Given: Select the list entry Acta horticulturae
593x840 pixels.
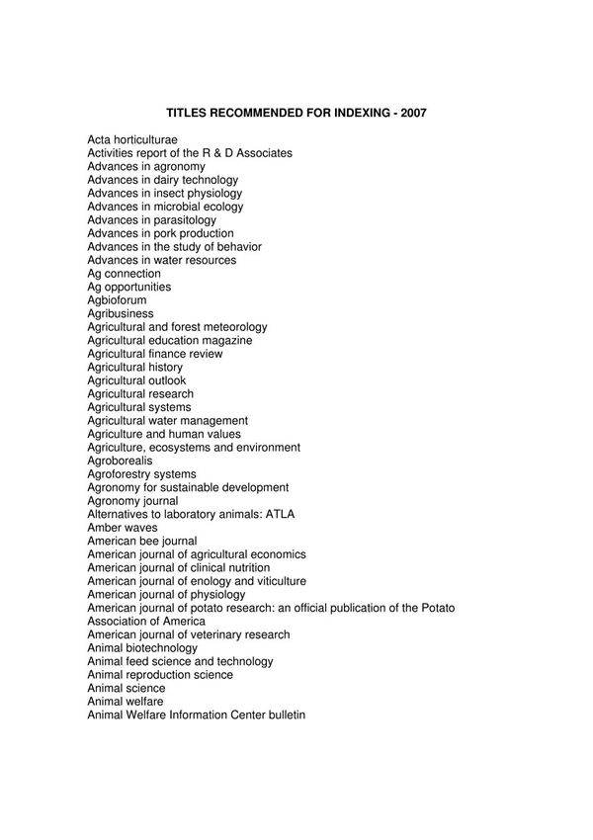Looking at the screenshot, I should tap(132, 140).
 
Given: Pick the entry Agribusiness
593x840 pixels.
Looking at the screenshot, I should tap(120, 314).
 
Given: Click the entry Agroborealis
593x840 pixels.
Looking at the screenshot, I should tap(120, 462).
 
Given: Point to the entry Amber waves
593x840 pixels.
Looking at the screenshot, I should tap(122, 529).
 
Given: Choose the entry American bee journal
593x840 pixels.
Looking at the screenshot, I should tap(141, 542).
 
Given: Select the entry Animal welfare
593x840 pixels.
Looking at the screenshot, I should tap(125, 702).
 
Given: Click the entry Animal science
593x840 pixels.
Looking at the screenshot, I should tap(126, 689).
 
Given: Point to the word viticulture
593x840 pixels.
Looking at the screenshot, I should tap(279, 582).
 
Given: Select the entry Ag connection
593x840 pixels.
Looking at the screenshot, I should tap(124, 274).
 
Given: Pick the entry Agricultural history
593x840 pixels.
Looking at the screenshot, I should tap(134, 368).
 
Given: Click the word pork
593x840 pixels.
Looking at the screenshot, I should tap(165, 234).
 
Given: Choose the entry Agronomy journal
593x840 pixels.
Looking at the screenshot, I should tap(132, 502).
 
